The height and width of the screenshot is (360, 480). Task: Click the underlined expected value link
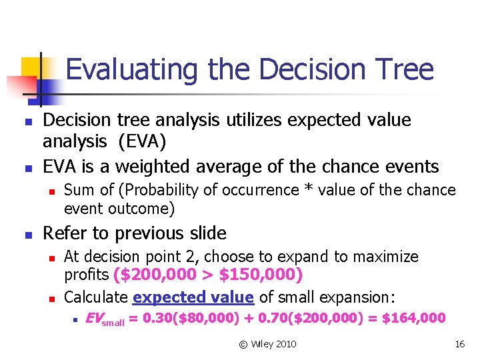pos(193,297)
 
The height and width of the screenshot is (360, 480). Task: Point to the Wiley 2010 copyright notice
pos(267,344)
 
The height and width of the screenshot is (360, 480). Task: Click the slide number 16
pos(459,344)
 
